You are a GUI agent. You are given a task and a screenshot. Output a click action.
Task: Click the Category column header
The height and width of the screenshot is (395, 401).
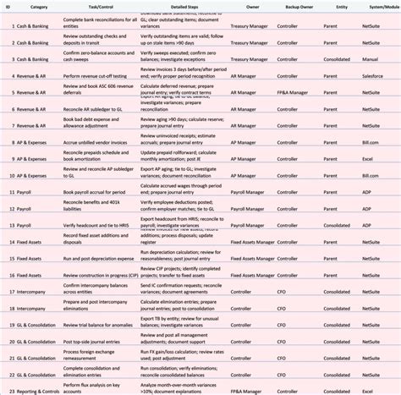coord(39,5)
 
